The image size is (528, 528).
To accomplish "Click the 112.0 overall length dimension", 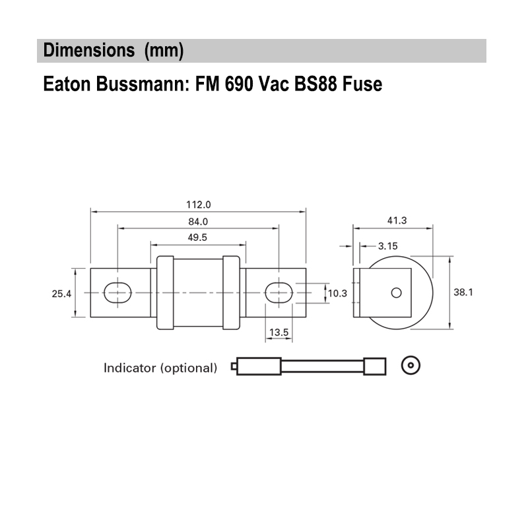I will click(198, 205).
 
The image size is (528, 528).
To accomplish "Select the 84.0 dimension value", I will click(198, 221).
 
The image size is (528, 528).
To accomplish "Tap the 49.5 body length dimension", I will click(198, 237).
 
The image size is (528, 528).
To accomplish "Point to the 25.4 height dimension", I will click(61, 293).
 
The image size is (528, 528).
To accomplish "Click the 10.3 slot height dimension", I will click(338, 293).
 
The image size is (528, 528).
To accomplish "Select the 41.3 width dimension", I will click(395, 220).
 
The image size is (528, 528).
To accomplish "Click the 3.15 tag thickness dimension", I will click(387, 246).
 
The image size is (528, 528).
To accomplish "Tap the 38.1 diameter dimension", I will click(464, 292).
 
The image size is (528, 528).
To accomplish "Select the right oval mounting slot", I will click(279, 292).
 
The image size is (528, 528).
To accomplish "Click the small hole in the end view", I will click(396, 293).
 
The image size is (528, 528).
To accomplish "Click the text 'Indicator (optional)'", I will click(160, 368).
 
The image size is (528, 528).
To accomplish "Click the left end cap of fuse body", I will click(165, 293).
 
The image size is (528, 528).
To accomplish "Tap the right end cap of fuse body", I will click(231, 293).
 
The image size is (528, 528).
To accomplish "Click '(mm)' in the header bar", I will click(164, 51).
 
